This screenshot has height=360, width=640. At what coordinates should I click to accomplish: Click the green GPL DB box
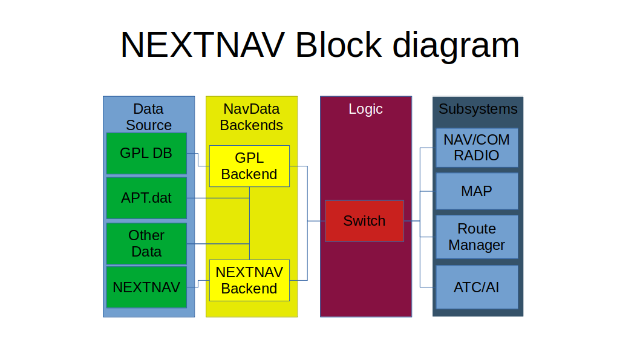[146, 154]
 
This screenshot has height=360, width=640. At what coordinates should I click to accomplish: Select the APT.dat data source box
[146, 198]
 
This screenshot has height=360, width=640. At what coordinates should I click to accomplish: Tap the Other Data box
[146, 244]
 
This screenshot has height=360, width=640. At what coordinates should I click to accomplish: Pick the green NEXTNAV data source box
[146, 287]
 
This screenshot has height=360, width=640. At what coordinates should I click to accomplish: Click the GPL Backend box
[249, 166]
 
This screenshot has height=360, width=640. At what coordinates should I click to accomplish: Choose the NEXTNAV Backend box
[249, 280]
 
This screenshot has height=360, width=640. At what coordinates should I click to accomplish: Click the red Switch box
[365, 221]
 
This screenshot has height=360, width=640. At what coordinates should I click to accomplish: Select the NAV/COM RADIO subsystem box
[477, 148]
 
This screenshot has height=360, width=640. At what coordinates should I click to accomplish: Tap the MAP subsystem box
[477, 191]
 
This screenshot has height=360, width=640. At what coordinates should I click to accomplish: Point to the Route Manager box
[477, 237]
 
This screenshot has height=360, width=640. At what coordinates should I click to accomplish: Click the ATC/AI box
[477, 287]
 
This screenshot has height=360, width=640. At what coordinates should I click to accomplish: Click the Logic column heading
[366, 109]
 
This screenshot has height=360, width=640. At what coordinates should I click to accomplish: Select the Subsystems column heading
[478, 109]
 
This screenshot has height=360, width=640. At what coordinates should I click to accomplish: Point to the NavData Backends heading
[252, 117]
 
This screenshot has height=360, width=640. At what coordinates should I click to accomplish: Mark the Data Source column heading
[149, 117]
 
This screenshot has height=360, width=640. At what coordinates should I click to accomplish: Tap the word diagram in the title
[456, 46]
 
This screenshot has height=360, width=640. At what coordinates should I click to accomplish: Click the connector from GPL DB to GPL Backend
[198, 160]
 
